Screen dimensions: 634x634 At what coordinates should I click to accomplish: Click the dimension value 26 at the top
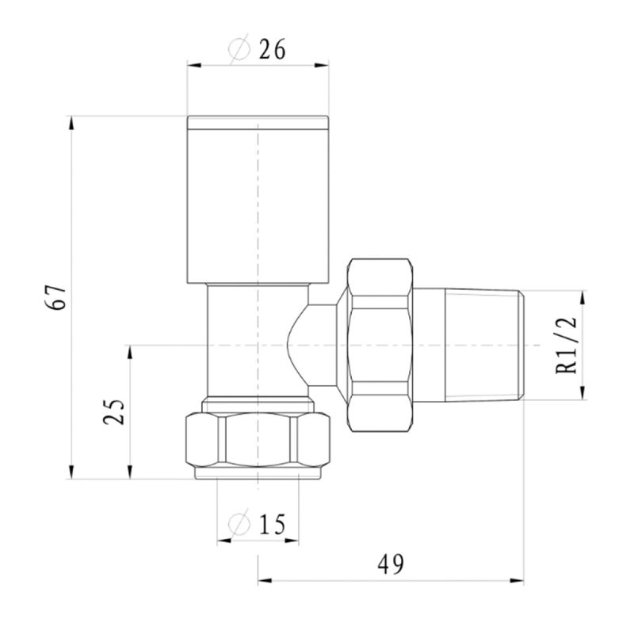point(272,49)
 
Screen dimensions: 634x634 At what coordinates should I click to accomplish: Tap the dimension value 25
point(113,411)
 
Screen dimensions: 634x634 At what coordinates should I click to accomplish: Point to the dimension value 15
point(272,525)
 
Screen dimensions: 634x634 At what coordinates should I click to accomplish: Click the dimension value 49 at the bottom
point(391,564)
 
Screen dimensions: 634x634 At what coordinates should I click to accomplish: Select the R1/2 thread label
point(566,345)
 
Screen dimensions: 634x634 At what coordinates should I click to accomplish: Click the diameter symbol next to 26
point(239,49)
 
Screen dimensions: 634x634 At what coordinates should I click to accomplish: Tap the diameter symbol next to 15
point(239,524)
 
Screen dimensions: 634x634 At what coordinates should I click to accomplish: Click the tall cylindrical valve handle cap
point(258,200)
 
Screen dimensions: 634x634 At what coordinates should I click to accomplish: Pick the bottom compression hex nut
point(258,440)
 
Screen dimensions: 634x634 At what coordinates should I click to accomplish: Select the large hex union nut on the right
point(380,346)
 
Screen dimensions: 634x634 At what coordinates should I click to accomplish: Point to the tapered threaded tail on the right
point(484,346)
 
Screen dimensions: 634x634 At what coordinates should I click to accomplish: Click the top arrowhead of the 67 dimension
point(71,123)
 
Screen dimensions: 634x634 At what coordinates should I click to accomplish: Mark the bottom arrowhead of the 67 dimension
point(71,472)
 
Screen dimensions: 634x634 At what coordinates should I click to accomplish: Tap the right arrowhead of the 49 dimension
point(517,581)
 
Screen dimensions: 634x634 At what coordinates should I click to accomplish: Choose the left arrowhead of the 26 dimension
point(194,65)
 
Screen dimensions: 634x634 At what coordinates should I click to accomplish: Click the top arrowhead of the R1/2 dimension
point(582,297)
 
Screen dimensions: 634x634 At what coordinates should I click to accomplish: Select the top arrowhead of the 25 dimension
point(130,352)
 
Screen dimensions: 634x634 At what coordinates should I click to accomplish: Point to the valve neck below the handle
point(258,341)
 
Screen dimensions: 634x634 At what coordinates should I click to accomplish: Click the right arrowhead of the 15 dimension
point(292,540)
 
